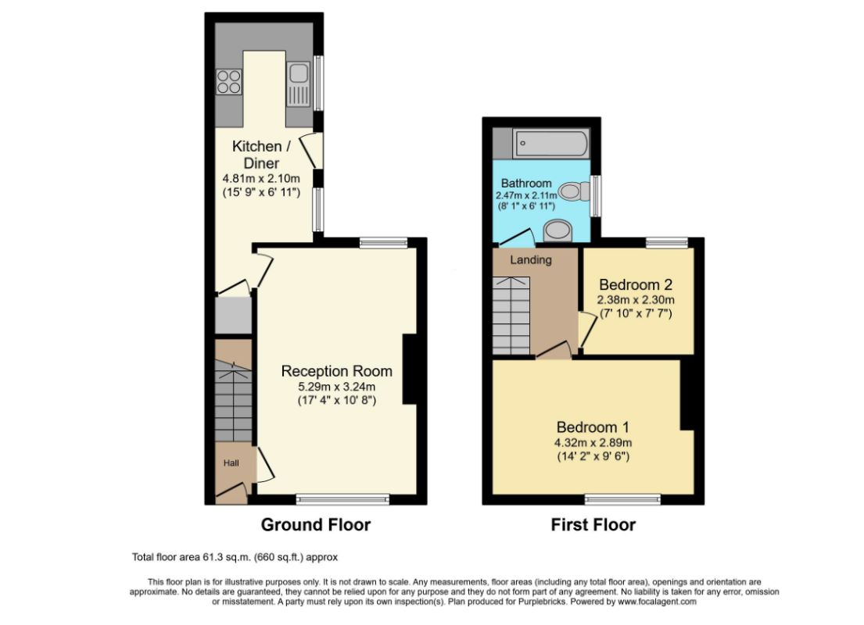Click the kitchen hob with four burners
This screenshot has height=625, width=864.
[x=229, y=81]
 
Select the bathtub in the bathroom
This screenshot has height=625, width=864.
[x=550, y=145]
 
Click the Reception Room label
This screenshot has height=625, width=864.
[x=337, y=371]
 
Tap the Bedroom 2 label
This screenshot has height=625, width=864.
[x=636, y=284]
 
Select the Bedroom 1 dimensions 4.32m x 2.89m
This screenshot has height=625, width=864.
[x=593, y=443]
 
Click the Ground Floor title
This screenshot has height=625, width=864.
[x=316, y=525]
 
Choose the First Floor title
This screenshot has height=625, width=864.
[x=593, y=525]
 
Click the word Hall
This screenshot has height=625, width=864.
[x=231, y=463]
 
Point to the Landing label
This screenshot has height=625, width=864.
[x=531, y=260]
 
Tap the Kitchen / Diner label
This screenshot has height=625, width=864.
[x=261, y=155]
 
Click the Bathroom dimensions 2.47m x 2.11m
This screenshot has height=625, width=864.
[x=526, y=195]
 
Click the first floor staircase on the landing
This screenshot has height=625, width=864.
[x=511, y=316]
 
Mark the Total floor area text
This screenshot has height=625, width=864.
[x=235, y=557]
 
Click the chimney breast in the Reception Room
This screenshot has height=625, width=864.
[x=410, y=370]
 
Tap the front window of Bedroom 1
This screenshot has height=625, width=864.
[x=622, y=499]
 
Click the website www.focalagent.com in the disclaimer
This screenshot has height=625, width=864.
[x=657, y=602]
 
